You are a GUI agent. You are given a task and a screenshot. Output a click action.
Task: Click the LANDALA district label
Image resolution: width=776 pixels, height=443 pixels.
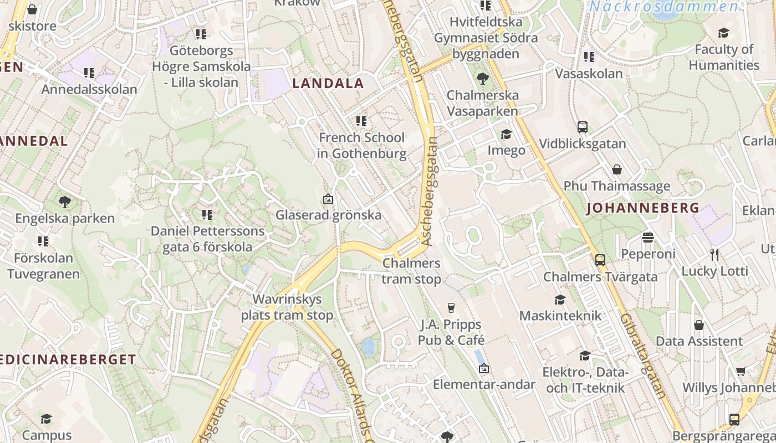[x=328, y=84]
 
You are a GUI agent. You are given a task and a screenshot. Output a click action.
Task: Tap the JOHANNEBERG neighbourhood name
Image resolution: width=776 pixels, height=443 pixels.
[x=642, y=208]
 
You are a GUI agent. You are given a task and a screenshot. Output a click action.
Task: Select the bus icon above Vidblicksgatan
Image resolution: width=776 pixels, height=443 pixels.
[x=582, y=127]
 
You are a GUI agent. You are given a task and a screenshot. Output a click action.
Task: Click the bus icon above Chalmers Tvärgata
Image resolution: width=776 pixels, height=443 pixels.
[x=600, y=260]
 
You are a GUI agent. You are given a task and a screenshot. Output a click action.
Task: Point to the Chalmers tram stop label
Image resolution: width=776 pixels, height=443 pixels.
[x=411, y=271]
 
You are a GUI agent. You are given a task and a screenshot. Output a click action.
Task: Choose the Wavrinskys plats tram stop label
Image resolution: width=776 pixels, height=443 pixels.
[x=287, y=307]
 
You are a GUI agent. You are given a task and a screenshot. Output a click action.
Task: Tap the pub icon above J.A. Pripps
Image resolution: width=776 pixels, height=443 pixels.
[x=451, y=307]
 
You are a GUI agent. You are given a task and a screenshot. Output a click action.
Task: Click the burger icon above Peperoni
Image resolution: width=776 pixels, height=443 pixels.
[x=648, y=238]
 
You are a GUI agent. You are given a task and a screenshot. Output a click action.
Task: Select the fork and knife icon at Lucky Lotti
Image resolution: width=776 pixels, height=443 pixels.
[x=714, y=255]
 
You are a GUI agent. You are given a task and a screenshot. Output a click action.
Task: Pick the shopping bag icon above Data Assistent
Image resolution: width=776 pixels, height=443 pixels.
[x=699, y=324]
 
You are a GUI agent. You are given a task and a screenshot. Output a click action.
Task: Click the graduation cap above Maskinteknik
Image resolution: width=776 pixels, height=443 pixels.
[x=560, y=300]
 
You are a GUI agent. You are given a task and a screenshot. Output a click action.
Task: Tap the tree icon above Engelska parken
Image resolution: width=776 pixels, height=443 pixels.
[x=65, y=202]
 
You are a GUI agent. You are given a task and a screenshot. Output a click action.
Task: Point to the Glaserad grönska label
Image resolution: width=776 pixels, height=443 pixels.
[x=329, y=215]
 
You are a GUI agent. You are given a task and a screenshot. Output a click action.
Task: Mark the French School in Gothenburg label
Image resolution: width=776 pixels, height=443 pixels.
[x=362, y=145]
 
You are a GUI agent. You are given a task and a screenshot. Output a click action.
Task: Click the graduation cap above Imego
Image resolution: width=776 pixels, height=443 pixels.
[x=506, y=134]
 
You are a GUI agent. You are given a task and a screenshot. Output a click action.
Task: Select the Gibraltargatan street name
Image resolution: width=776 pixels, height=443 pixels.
[x=643, y=357]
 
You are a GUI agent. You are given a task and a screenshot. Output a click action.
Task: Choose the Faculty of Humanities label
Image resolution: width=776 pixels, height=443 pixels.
[x=724, y=57]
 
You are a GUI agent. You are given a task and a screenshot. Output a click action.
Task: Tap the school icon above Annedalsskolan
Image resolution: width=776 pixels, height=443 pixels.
[x=89, y=73]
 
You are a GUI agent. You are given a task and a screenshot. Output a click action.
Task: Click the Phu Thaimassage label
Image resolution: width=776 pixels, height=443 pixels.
[x=616, y=186]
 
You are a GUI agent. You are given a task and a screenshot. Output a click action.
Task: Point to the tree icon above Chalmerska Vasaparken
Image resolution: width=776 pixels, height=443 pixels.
[x=482, y=79]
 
